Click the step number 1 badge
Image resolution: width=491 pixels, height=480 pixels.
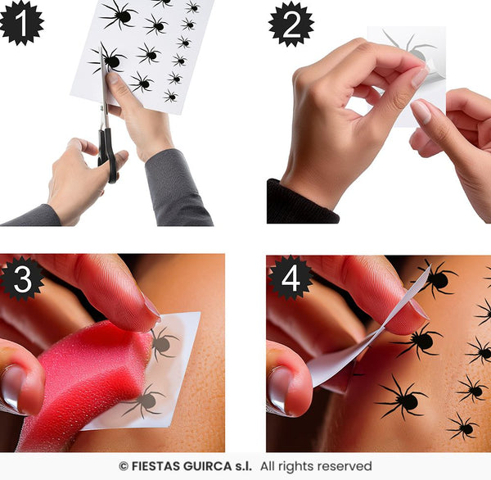click(x=20, y=22)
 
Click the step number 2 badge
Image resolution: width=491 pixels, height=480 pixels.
click(x=291, y=24)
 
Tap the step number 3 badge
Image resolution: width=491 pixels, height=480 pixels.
click(x=22, y=279)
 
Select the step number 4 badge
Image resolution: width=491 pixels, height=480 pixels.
click(x=291, y=278)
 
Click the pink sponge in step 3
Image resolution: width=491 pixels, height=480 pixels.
click(x=82, y=377)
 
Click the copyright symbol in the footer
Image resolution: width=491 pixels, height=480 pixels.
click(x=124, y=466)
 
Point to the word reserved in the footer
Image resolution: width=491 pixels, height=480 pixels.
click(x=343, y=466)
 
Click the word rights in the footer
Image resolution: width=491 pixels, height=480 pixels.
click(x=295, y=466)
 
